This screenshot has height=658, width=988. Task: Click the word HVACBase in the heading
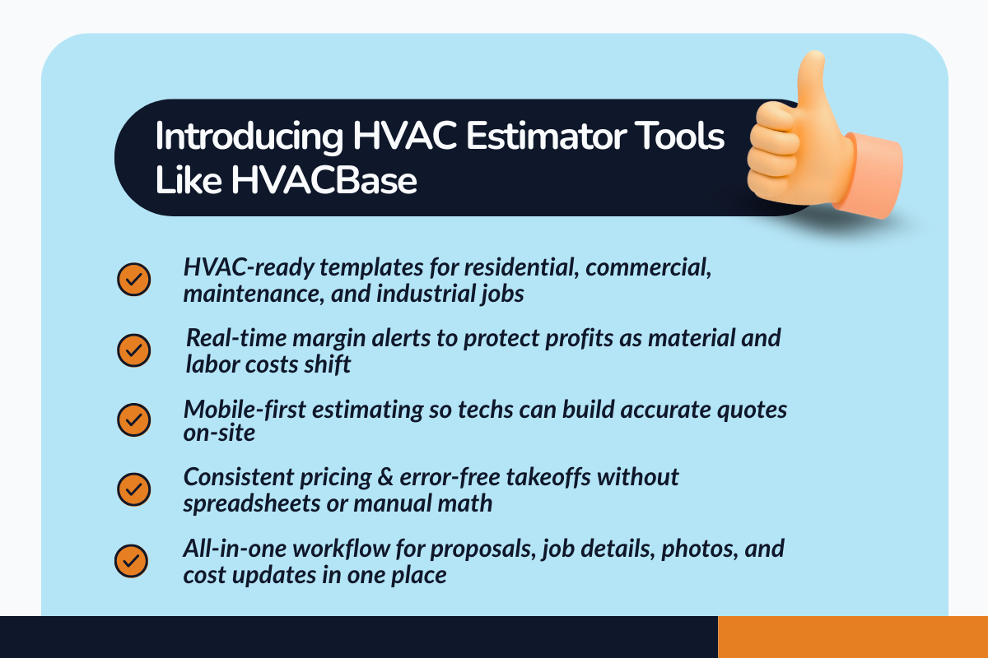(x=324, y=182)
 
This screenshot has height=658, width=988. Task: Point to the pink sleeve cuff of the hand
(x=875, y=178)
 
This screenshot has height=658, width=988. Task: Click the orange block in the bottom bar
(x=852, y=637)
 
